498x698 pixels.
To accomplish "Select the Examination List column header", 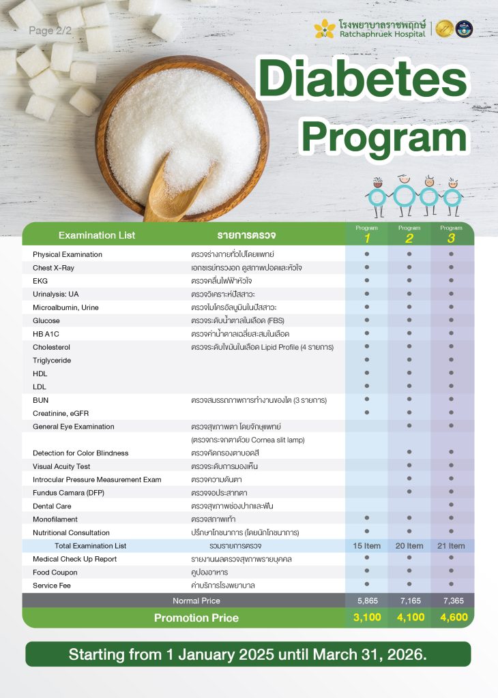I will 97,235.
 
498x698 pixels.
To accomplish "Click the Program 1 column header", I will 366,234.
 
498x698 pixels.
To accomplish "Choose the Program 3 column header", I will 451,234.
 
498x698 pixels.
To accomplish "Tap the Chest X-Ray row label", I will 53,268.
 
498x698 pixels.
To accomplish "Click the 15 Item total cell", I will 366,546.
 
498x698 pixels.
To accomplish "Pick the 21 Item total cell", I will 451,546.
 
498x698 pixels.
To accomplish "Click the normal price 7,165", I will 409,601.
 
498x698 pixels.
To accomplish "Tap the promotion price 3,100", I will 366,618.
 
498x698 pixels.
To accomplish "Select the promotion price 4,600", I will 451,618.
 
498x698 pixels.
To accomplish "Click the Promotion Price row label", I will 196,618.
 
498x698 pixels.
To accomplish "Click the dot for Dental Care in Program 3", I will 451,506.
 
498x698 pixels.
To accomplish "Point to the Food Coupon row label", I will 55,573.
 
